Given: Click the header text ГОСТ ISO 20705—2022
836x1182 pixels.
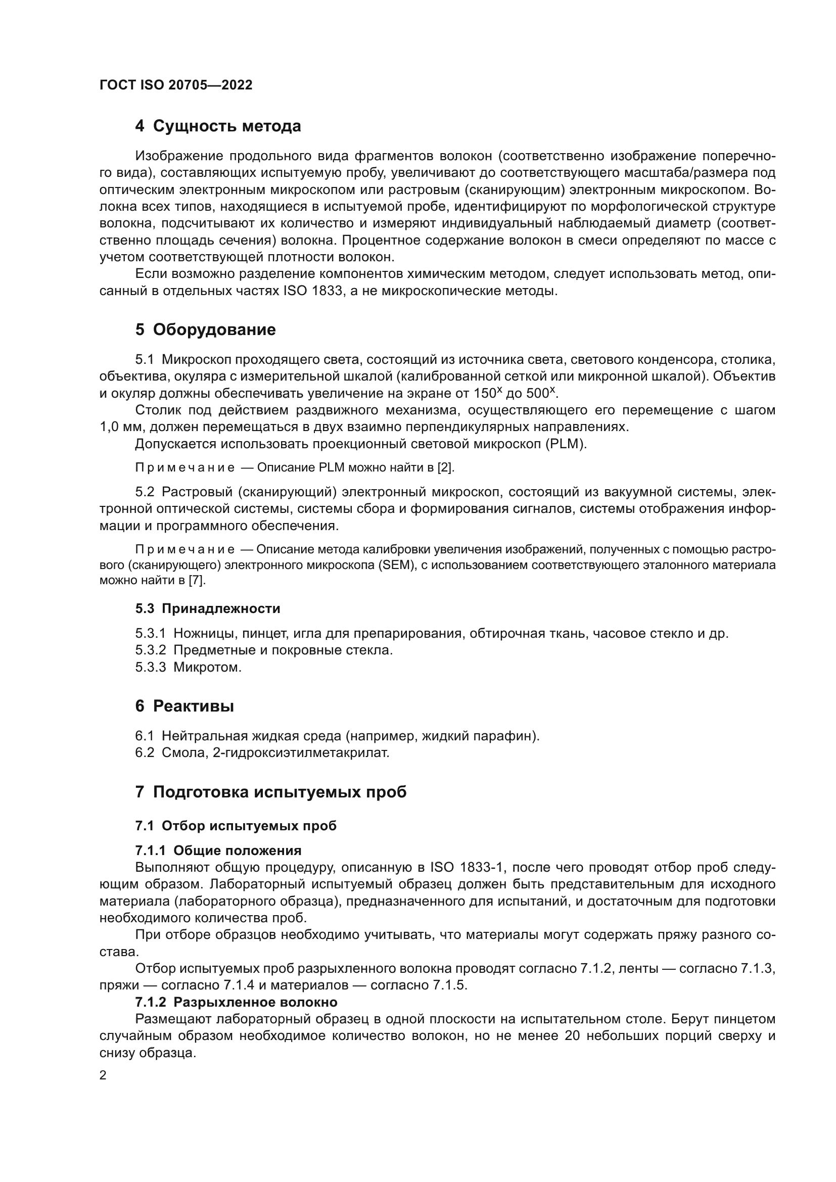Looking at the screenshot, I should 175,85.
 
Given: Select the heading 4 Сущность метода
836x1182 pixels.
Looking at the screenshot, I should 218,126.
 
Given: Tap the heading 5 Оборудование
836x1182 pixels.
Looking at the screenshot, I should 205,329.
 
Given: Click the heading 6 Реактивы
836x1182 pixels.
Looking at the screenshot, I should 184,706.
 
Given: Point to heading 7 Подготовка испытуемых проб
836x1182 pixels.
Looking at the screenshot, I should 271,791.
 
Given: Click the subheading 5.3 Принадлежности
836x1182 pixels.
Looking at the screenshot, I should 207,608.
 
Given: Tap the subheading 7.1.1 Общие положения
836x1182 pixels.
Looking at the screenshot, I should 218,850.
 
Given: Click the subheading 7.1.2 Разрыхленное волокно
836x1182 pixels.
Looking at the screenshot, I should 236,1002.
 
